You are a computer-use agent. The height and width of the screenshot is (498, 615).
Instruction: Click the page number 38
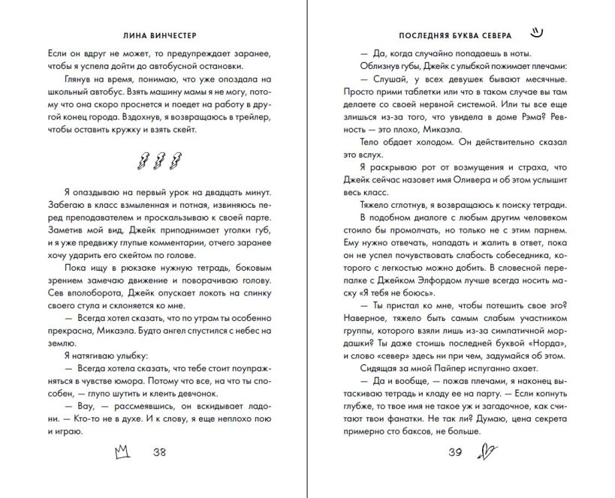159,452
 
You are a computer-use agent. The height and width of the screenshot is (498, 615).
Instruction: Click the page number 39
455,452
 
